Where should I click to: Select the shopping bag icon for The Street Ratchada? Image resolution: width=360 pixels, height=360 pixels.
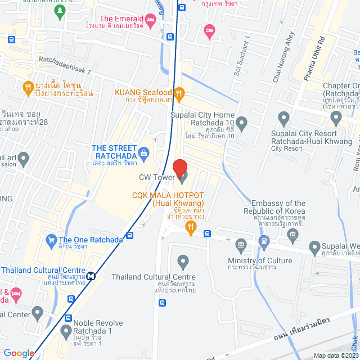click(x=144, y=152)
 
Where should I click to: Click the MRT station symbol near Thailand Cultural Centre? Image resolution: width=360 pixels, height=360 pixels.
click(x=90, y=276)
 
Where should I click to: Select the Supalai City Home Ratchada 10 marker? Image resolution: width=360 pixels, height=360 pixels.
click(x=242, y=123)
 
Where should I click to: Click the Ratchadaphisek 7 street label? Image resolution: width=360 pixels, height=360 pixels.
click(x=65, y=66)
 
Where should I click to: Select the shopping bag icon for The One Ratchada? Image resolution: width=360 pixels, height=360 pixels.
click(x=51, y=239)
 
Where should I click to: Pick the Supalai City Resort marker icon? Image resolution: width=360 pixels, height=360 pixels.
click(x=284, y=119)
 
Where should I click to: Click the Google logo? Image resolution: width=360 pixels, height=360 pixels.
click(x=19, y=353)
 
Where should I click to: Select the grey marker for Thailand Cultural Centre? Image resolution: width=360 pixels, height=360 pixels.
click(x=182, y=261)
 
